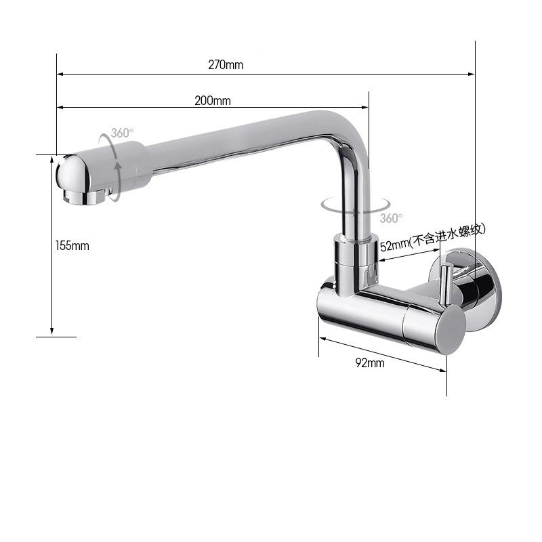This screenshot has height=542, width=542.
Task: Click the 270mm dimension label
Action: (225, 65)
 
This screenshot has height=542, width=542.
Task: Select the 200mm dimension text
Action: (213, 100)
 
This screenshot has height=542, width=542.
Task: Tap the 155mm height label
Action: (72, 245)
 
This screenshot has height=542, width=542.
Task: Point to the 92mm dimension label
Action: (370, 362)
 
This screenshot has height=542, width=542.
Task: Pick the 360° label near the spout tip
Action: (123, 133)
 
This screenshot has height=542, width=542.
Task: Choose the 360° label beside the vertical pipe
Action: (391, 218)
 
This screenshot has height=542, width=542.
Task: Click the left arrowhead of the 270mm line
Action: (60, 74)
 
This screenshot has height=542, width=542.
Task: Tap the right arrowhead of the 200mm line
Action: (365, 107)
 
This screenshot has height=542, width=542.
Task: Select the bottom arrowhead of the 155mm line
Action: (52, 331)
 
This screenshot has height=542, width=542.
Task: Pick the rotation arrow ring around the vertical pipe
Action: (355, 205)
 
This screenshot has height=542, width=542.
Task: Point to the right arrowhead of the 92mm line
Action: (442, 370)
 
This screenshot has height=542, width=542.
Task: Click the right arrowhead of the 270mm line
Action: (472, 74)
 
